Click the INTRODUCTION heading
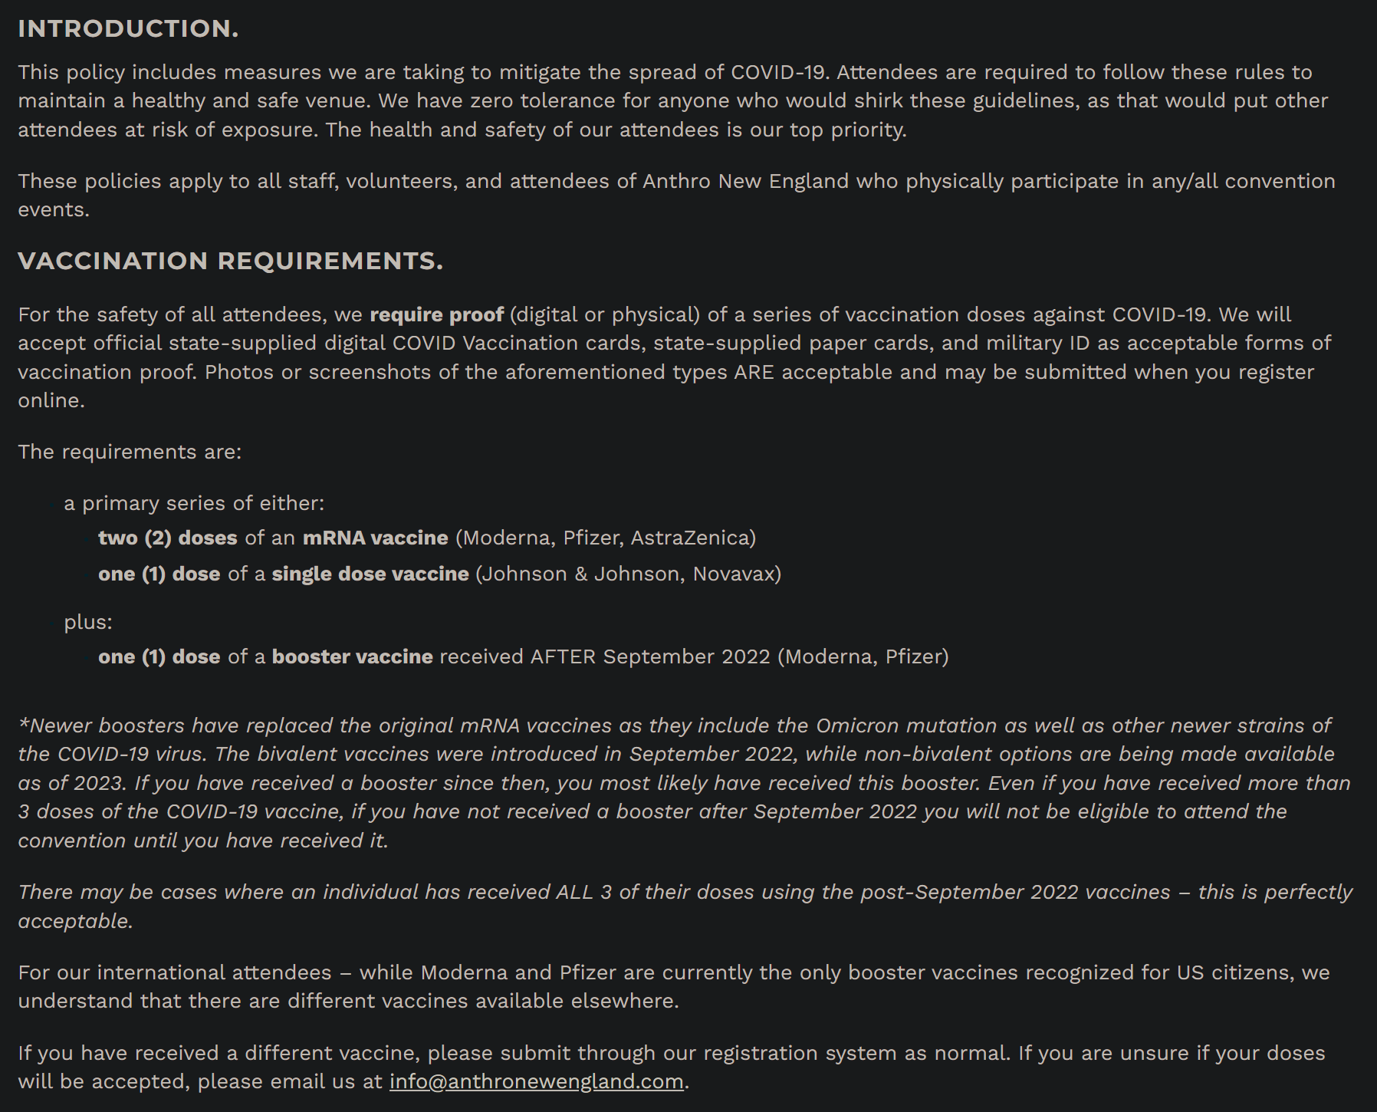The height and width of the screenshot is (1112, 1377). [x=128, y=28]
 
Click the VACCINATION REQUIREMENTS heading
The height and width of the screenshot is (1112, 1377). [x=230, y=261]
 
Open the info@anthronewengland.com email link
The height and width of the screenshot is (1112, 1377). [x=536, y=1081]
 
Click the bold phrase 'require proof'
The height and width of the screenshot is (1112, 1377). [x=436, y=314]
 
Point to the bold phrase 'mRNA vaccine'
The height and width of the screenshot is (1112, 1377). [x=375, y=538]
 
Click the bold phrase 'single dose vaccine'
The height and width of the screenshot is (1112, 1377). [x=370, y=574]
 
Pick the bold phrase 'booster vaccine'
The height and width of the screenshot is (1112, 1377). [x=352, y=656]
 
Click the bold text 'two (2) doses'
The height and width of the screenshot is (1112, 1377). [x=167, y=538]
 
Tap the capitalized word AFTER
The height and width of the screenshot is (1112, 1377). [x=563, y=656]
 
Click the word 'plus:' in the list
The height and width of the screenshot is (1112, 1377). [x=88, y=621]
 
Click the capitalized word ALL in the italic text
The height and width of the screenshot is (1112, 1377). [x=574, y=892]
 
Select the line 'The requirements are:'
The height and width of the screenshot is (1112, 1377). [x=130, y=452]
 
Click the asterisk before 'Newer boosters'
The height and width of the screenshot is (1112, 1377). [x=24, y=723]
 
